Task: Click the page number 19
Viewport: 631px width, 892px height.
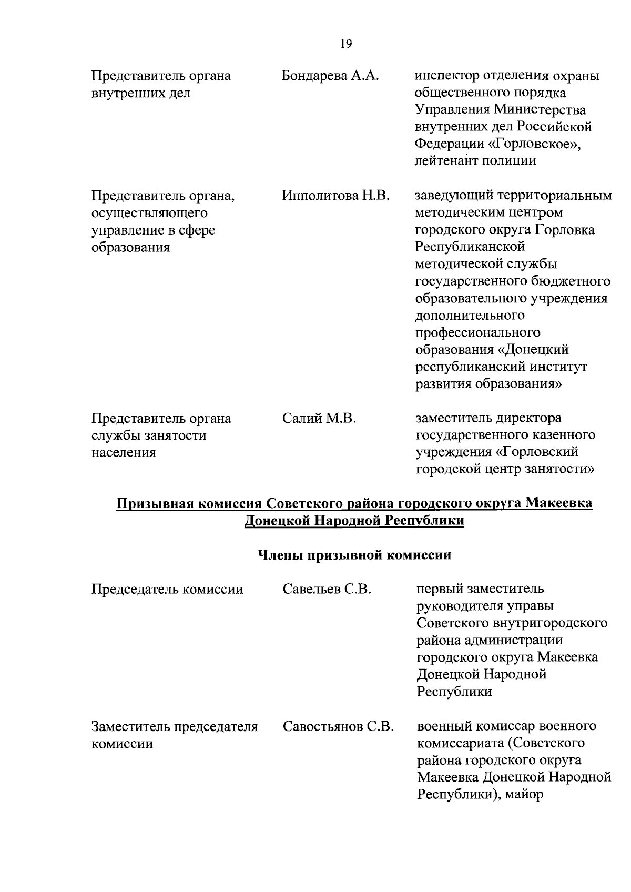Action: click(345, 44)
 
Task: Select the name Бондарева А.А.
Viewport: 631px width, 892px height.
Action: click(330, 76)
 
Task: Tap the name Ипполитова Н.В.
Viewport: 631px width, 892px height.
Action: click(335, 196)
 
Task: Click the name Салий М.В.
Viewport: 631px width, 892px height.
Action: click(319, 419)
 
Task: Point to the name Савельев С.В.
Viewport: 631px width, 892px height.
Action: click(327, 589)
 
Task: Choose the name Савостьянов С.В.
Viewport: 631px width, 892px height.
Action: click(338, 727)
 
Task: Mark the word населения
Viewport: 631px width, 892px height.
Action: click(124, 453)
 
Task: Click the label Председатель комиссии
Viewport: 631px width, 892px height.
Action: click(167, 589)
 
